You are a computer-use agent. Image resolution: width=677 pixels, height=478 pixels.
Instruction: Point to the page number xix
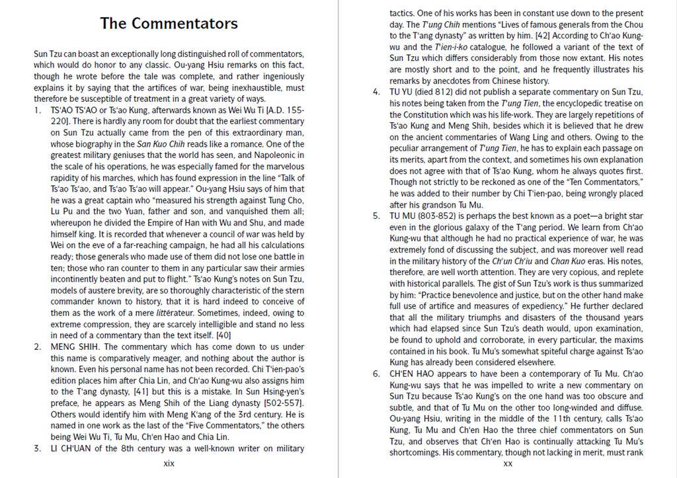click(169, 463)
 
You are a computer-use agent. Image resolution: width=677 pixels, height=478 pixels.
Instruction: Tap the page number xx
click(508, 463)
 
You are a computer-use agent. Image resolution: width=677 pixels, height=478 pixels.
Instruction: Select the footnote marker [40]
click(224, 335)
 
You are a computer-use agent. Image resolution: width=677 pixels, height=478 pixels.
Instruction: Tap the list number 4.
click(376, 92)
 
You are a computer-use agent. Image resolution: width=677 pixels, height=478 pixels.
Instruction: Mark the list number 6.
click(376, 374)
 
